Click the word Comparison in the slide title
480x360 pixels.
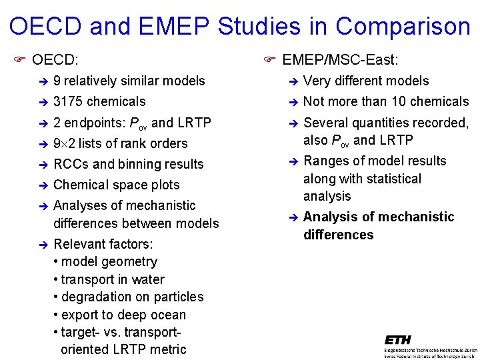pyautogui.click(x=403, y=27)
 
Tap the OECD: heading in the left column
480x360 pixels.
pyautogui.click(x=55, y=61)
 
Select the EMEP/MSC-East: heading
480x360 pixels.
pyautogui.click(x=341, y=61)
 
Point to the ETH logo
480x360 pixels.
pyautogui.click(x=398, y=340)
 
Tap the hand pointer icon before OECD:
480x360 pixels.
pyautogui.click(x=19, y=60)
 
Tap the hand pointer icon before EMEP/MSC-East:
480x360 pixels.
pyautogui.click(x=269, y=60)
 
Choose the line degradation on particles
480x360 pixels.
pyautogui.click(x=132, y=297)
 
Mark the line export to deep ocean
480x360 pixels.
pyautogui.click(x=123, y=315)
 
